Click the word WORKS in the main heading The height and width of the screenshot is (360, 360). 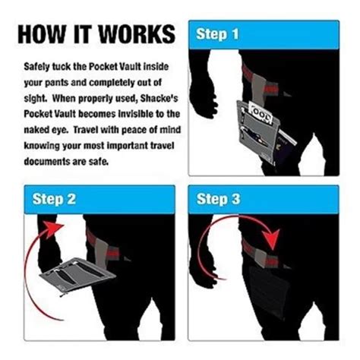[137, 34]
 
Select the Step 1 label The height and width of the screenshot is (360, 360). [217, 34]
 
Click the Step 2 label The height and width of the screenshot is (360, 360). [54, 199]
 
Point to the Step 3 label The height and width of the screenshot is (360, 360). [218, 199]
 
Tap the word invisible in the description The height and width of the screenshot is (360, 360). [133, 114]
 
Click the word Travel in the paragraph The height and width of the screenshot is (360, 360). [86, 130]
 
